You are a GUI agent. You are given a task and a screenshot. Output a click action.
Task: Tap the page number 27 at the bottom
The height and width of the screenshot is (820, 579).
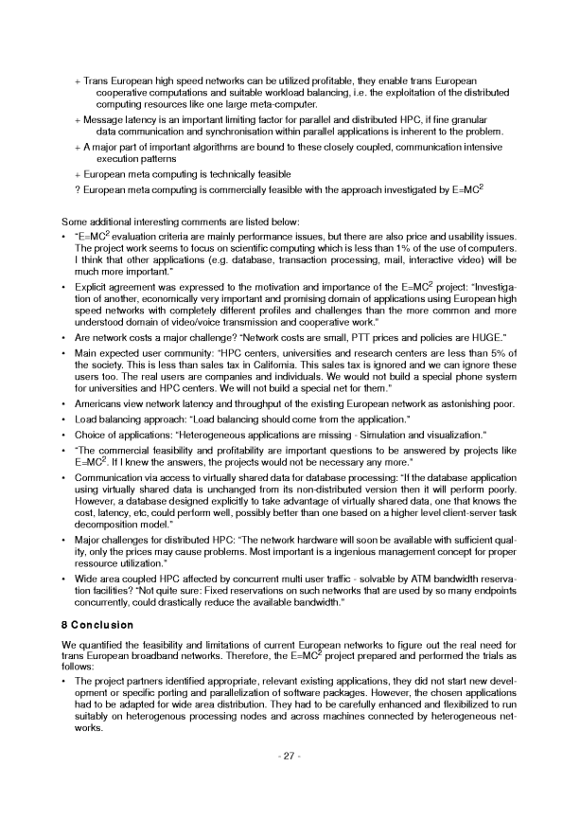(x=289, y=781)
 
